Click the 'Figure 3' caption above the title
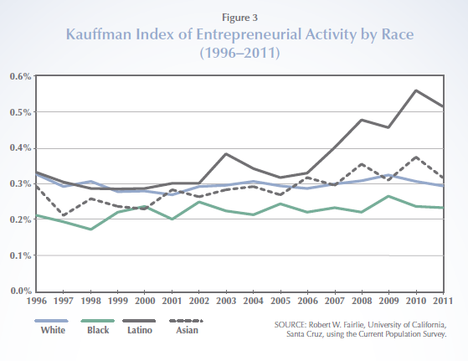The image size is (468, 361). pyautogui.click(x=239, y=18)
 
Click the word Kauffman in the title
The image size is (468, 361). pyautogui.click(x=99, y=34)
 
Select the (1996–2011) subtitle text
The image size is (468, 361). pyautogui.click(x=240, y=53)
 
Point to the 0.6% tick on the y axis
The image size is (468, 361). pyautogui.click(x=21, y=76)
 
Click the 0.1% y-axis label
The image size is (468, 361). pyautogui.click(x=21, y=255)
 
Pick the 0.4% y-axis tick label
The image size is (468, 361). pyautogui.click(x=21, y=147)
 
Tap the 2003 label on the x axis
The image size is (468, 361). pyautogui.click(x=226, y=301)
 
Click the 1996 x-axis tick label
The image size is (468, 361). pyautogui.click(x=37, y=301)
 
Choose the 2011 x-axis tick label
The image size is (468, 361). pyautogui.click(x=443, y=301)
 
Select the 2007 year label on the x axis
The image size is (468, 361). pyautogui.click(x=335, y=301)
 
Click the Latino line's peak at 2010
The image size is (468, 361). pyautogui.click(x=416, y=90)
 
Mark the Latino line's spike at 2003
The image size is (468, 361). pyautogui.click(x=226, y=154)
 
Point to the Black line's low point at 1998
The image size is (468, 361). pyautogui.click(x=90, y=229)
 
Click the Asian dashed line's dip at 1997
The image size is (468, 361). pyautogui.click(x=64, y=214)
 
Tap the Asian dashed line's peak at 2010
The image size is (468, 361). pyautogui.click(x=416, y=157)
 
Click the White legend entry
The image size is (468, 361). pyautogui.click(x=53, y=326)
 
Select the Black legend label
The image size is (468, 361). pyautogui.click(x=98, y=330)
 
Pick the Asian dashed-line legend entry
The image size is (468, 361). pyautogui.click(x=187, y=326)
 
